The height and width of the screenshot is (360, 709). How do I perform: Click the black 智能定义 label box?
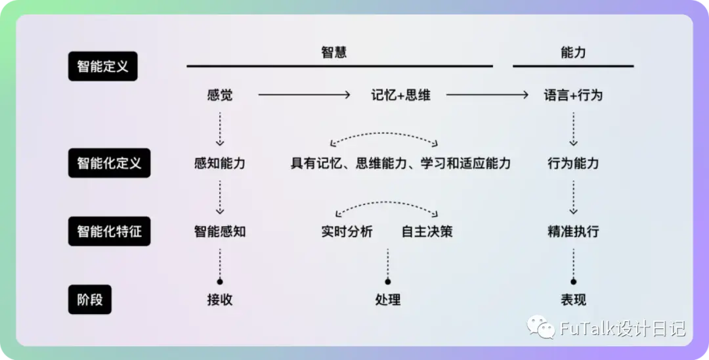[102, 66]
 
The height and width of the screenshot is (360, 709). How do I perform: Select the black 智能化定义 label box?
[110, 163]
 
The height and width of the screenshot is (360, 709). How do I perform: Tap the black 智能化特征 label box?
[110, 231]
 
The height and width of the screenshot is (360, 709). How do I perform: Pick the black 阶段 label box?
[90, 300]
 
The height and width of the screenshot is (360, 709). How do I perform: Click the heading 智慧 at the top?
[334, 53]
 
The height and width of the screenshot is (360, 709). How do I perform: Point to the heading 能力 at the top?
[573, 53]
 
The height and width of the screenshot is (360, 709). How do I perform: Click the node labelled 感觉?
[220, 95]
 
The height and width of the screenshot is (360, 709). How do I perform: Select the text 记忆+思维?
[400, 95]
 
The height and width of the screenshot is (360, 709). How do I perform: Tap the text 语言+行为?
[573, 95]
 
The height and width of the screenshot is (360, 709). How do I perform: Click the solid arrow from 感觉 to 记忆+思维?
[305, 95]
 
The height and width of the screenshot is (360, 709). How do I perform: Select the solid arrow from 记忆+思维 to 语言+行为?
[487, 95]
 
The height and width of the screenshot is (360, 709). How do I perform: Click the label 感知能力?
[220, 164]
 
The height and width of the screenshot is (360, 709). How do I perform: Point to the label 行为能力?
[573, 164]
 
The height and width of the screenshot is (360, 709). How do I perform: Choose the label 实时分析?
[347, 231]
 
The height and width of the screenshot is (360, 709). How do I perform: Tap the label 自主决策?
[427, 231]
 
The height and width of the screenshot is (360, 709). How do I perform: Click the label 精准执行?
[573, 231]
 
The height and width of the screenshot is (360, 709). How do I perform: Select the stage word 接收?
[220, 300]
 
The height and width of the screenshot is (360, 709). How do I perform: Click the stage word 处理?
[388, 300]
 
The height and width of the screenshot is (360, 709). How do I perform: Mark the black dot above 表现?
[573, 282]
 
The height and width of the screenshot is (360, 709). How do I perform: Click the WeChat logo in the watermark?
[541, 326]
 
